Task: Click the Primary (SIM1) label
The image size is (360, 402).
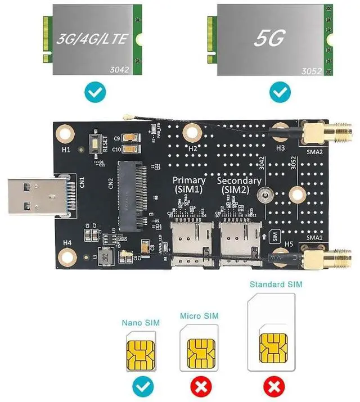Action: tap(189, 184)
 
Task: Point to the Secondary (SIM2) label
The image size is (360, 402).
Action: tap(238, 184)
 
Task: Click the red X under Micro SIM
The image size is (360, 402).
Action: tap(201, 387)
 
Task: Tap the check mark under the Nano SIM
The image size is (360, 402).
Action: tap(140, 387)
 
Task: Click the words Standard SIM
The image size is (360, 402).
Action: tap(276, 284)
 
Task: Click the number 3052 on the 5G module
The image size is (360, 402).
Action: tap(313, 71)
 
